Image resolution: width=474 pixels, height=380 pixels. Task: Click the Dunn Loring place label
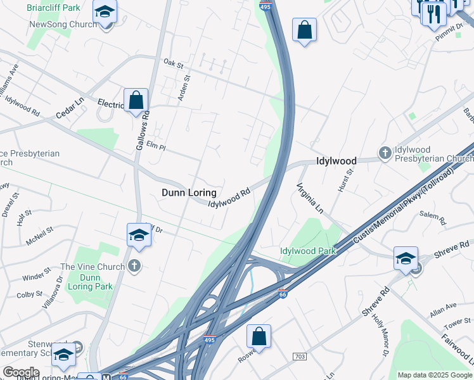coord(189,193)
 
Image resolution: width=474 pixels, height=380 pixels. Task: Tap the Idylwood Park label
coord(308,251)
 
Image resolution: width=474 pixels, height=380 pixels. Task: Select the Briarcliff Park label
coord(54,8)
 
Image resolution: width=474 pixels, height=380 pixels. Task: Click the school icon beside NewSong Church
coord(105,11)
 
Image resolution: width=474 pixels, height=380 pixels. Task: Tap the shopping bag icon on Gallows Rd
coord(136,100)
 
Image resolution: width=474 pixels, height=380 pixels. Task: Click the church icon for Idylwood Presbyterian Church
coord(384,153)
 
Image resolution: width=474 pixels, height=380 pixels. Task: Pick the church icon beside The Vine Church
coord(134,267)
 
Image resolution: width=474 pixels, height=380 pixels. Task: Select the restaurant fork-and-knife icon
coord(434,13)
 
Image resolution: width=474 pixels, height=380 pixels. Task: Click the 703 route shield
coord(300,357)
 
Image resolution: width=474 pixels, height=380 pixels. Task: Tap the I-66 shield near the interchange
coord(283,294)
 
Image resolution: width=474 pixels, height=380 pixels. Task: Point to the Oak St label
coord(172,63)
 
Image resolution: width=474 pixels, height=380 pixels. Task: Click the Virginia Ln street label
coord(311,198)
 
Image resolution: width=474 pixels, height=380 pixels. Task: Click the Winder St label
coord(36,277)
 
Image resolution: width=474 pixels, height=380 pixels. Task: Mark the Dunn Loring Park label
coord(92,282)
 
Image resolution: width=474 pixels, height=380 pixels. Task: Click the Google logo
coord(21,372)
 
